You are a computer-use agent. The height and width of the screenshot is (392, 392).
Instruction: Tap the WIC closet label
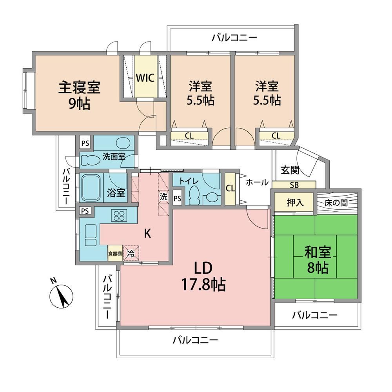click(145, 78)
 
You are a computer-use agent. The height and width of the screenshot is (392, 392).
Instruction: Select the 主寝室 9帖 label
click(80, 96)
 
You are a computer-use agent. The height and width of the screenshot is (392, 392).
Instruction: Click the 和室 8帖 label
click(318, 260)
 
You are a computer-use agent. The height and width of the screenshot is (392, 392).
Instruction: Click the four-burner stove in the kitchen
click(119, 215)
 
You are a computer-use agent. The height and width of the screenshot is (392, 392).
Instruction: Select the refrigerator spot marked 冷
click(131, 253)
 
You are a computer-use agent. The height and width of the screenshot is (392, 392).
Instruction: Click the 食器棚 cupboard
click(115, 253)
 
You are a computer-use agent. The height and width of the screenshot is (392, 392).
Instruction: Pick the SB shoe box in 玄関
click(294, 185)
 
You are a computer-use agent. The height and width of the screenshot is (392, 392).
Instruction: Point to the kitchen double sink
click(91, 235)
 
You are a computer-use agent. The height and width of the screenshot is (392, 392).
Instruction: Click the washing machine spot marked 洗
click(163, 197)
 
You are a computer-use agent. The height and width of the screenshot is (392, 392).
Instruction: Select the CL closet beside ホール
click(230, 188)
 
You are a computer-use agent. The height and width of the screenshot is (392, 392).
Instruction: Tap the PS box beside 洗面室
click(85, 143)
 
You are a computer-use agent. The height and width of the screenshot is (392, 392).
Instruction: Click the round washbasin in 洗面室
click(123, 143)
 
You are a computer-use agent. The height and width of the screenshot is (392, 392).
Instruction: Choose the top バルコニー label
click(234, 38)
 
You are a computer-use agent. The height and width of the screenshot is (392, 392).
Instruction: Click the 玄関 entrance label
click(290, 170)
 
